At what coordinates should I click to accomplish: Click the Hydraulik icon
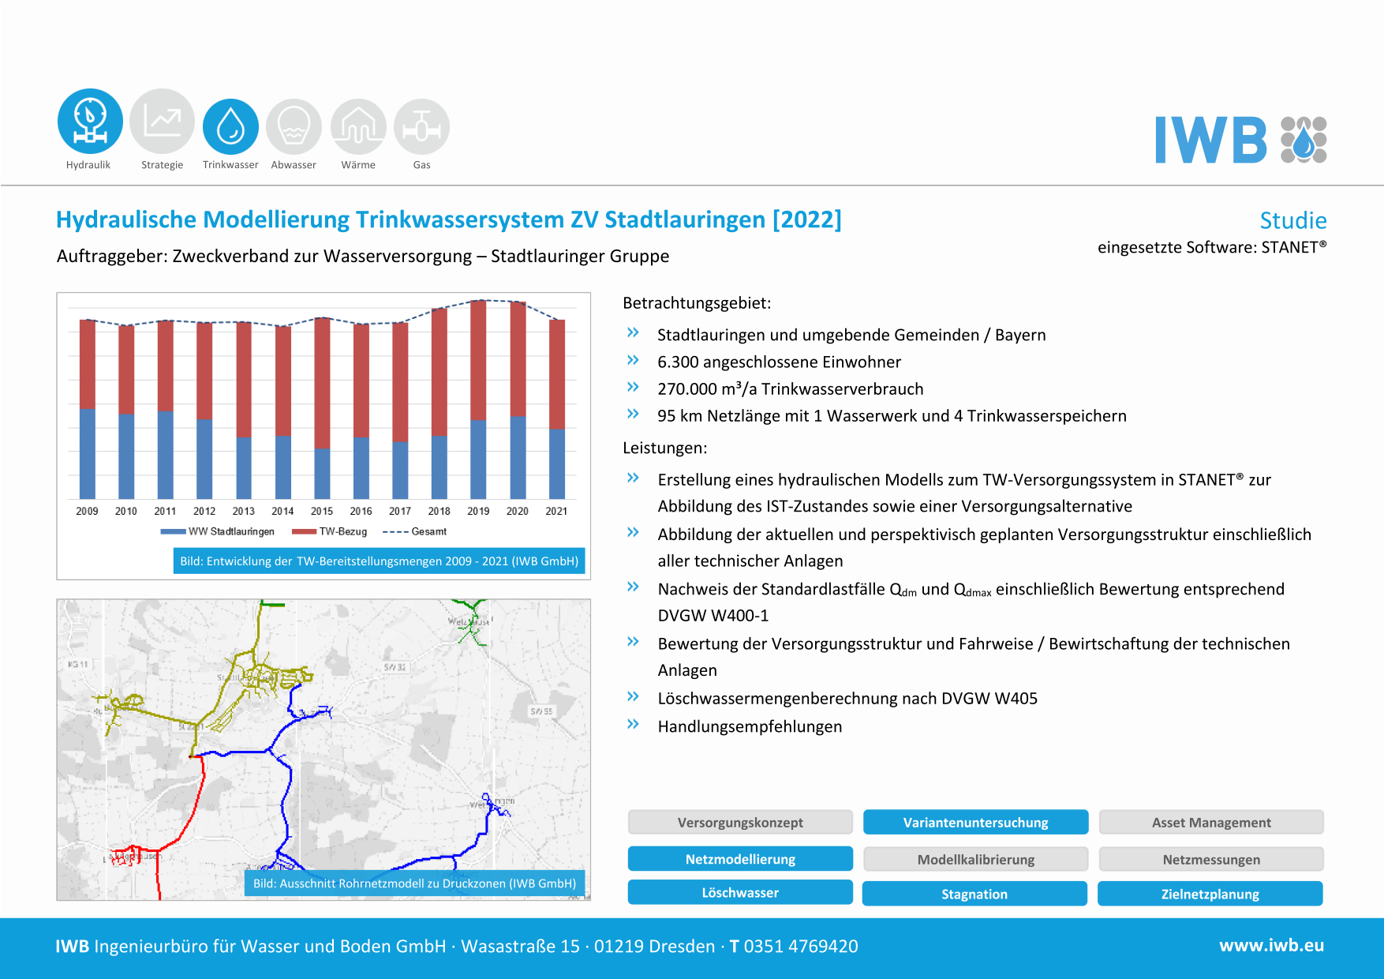pyautogui.click(x=90, y=121)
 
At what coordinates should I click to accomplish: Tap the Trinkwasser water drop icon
pyautogui.click(x=230, y=126)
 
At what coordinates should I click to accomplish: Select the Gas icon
pyautogui.click(x=421, y=126)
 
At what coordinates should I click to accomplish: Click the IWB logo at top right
pyautogui.click(x=1240, y=140)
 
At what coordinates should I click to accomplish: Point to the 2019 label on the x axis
pyautogui.click(x=478, y=511)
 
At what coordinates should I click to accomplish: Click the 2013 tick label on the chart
pyautogui.click(x=243, y=511)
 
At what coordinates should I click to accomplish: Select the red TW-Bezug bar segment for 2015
pyautogui.click(x=322, y=383)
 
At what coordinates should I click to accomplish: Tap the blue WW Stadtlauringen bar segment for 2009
pyautogui.click(x=88, y=453)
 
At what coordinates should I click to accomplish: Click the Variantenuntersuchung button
pyautogui.click(x=975, y=823)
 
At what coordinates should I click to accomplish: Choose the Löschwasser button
pyautogui.click(x=740, y=893)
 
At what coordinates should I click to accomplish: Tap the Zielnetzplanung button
pyautogui.click(x=1210, y=894)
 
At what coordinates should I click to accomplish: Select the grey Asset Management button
pyautogui.click(x=1210, y=823)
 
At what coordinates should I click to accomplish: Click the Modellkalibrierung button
pyautogui.click(x=975, y=859)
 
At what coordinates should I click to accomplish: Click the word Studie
pyautogui.click(x=1292, y=220)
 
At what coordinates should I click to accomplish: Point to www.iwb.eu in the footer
pyautogui.click(x=1271, y=946)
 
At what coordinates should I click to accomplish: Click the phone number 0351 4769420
pyautogui.click(x=800, y=946)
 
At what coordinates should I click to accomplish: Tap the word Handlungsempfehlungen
pyautogui.click(x=750, y=726)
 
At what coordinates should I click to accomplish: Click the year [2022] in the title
pyautogui.click(x=806, y=219)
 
